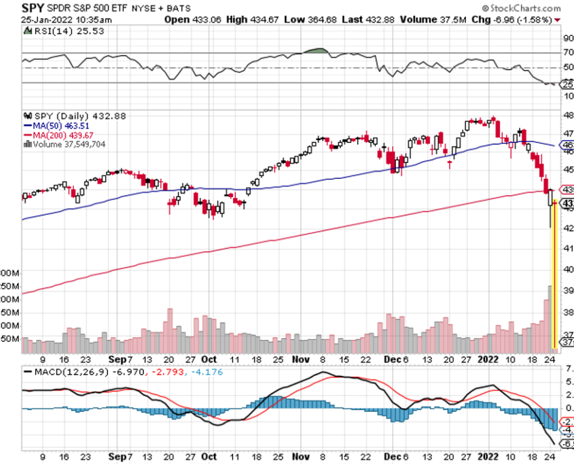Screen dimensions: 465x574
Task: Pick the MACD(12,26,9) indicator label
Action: coord(60,372)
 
